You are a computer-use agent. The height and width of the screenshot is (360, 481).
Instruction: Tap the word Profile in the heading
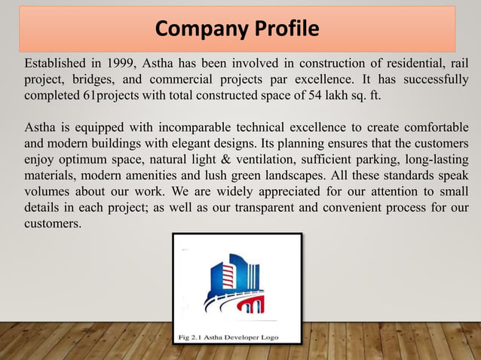coord(281,29)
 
